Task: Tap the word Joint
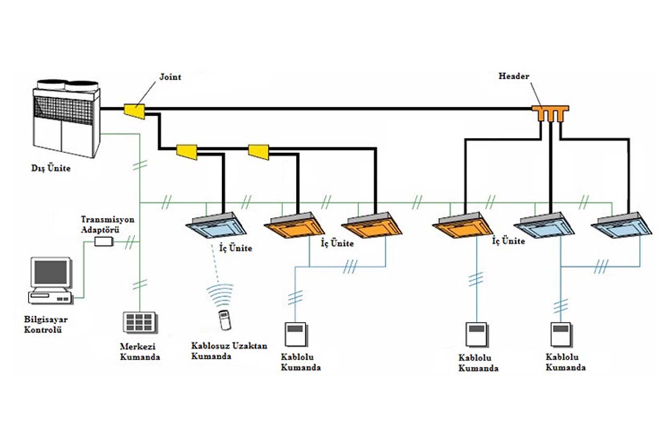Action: [170, 77]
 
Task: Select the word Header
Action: [514, 76]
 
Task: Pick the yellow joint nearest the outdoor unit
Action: [135, 110]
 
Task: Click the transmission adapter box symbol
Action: [103, 241]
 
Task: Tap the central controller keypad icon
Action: [140, 322]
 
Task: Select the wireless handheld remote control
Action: [224, 319]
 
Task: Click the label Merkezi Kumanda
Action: [140, 352]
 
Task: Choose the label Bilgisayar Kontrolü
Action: [43, 324]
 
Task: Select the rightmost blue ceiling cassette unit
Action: [621, 225]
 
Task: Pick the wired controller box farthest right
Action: [561, 335]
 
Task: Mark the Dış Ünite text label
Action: [51, 169]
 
